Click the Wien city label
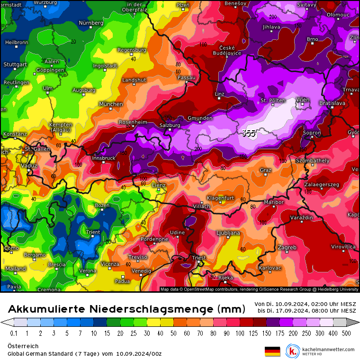point(303,99)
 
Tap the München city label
point(111,104)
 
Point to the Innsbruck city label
point(104,158)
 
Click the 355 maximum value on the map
point(249,133)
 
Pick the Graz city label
point(266,170)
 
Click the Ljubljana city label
point(228,233)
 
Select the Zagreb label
point(287,247)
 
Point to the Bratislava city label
point(332,102)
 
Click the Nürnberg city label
point(90,23)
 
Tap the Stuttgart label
point(15,64)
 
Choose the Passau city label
point(186,77)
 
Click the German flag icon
point(272,351)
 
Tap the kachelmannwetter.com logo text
point(331,349)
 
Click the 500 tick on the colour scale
point(347,333)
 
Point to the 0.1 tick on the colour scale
point(14,333)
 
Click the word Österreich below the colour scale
point(23,346)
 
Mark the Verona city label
point(87,271)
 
